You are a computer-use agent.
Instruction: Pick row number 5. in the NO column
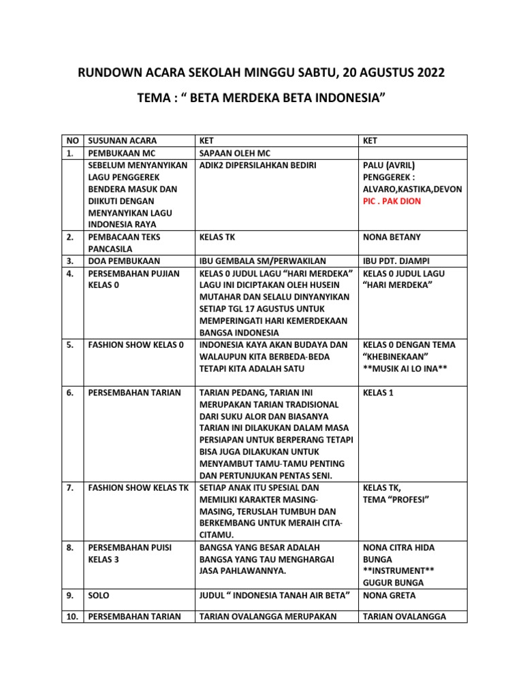(71, 344)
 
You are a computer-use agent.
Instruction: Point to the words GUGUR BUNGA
(394, 583)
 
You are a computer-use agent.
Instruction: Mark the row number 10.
(72, 617)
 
